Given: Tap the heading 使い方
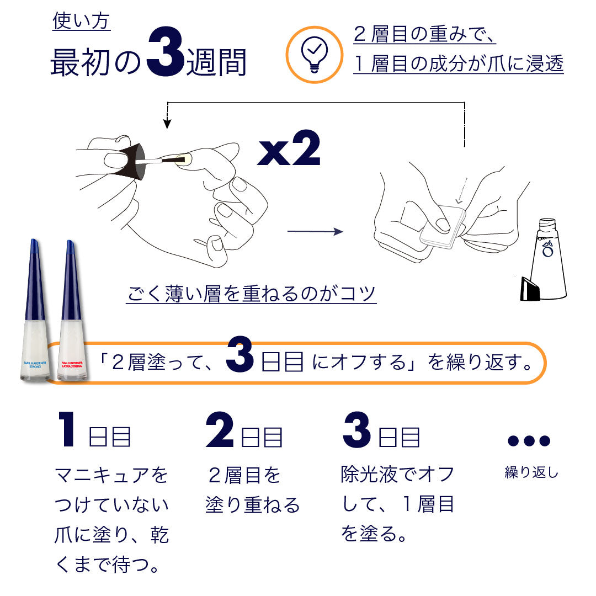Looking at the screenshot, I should click(x=82, y=22).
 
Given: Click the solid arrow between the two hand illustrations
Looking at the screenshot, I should click(x=315, y=231).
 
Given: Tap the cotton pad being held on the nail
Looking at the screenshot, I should click(x=443, y=226).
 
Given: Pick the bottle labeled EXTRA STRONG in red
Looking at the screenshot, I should click(x=72, y=315).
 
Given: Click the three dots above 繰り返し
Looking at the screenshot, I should click(x=529, y=440).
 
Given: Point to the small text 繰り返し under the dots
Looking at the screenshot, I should click(x=531, y=473).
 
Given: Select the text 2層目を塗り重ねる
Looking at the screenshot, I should click(x=252, y=490).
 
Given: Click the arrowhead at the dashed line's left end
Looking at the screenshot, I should click(x=166, y=125).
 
